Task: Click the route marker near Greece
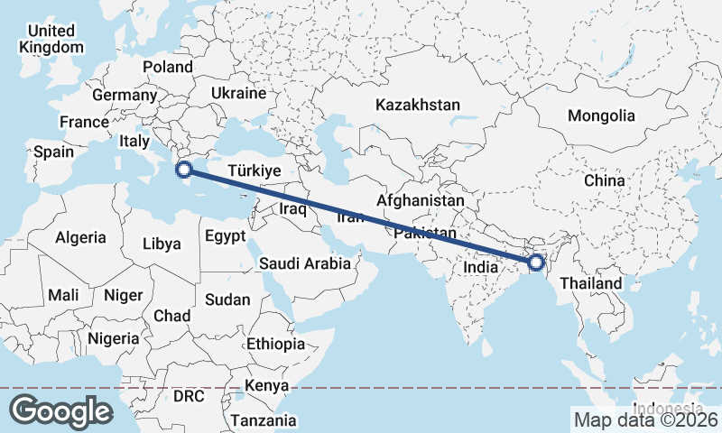click(x=183, y=169)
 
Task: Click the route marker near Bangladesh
click(x=536, y=263)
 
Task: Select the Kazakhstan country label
click(x=419, y=105)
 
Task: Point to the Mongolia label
click(x=601, y=115)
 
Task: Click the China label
click(x=604, y=180)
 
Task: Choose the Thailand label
click(x=591, y=283)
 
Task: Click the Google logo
click(x=60, y=410)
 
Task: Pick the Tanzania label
click(x=263, y=420)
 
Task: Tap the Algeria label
click(x=81, y=238)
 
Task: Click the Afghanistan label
click(x=421, y=200)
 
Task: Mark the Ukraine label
click(x=238, y=93)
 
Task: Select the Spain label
click(x=53, y=152)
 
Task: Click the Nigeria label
click(x=113, y=338)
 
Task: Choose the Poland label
click(x=168, y=67)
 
